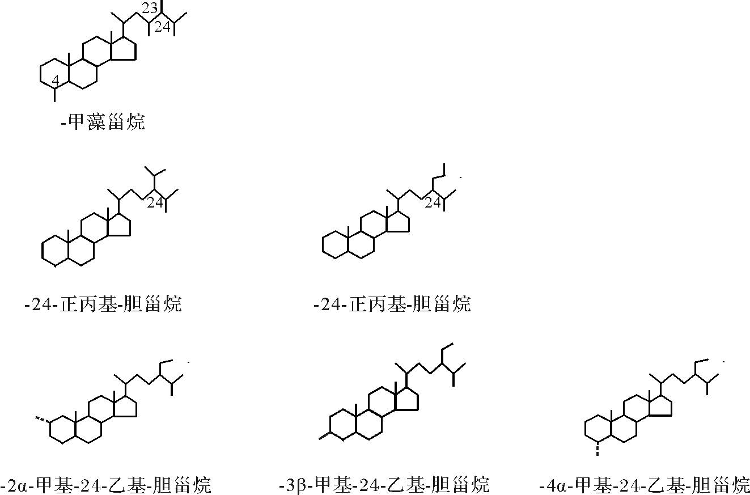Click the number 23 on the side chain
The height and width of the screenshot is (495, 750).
150,9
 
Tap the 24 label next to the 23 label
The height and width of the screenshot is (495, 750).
163,27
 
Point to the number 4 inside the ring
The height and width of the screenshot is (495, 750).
56,81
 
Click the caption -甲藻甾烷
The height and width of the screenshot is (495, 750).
103,122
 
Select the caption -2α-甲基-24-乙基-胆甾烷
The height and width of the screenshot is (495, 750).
106,485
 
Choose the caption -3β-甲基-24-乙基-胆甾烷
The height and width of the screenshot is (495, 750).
384,485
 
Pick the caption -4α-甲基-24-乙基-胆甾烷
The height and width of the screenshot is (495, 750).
645,485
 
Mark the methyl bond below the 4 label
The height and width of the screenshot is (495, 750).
55,95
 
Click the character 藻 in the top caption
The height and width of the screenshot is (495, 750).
95,122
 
